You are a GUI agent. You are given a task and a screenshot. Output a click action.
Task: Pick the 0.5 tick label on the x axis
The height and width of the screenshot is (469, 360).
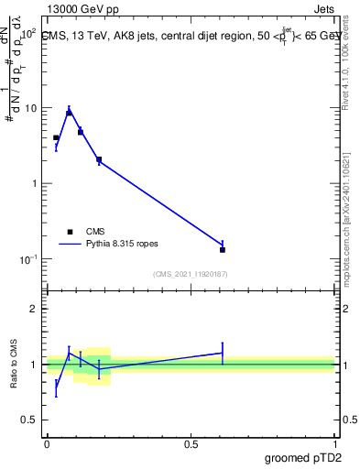[x=191, y=444]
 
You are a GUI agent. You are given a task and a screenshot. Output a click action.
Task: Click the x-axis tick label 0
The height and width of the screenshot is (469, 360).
[x=47, y=444]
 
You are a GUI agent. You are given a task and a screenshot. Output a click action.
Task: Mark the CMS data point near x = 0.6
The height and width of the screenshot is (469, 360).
[x=223, y=249]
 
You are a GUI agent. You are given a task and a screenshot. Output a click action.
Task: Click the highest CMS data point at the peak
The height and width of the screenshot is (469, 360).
[x=69, y=113]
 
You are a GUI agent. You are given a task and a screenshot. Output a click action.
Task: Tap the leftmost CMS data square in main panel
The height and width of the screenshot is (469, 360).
[x=56, y=137]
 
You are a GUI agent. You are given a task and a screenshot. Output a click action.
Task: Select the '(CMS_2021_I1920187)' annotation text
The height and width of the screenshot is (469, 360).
[x=191, y=273]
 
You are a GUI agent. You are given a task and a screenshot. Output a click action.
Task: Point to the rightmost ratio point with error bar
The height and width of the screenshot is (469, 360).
[x=223, y=353]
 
